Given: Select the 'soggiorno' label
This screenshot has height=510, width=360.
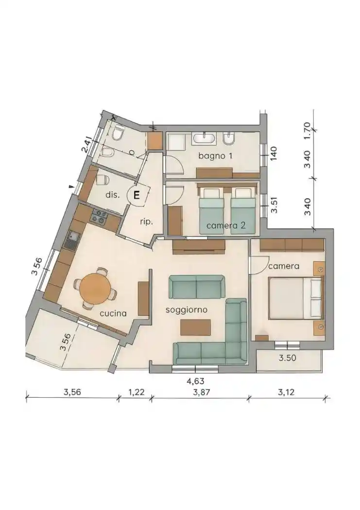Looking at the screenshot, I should click(x=187, y=309).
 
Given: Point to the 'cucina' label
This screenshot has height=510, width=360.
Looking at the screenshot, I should click(x=113, y=313).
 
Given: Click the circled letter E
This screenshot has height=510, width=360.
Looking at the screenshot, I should click(x=137, y=196).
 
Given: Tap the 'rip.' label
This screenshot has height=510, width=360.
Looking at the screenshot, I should click(x=146, y=221).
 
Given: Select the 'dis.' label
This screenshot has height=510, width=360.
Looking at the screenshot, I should click(x=112, y=195).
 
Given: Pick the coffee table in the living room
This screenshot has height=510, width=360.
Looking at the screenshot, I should click(x=196, y=327).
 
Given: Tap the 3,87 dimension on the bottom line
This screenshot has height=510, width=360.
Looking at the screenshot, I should click(x=201, y=393).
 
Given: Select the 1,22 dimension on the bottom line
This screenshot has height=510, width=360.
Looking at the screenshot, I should click(x=137, y=393).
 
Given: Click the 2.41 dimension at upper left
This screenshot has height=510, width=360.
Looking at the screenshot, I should click(x=86, y=146).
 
